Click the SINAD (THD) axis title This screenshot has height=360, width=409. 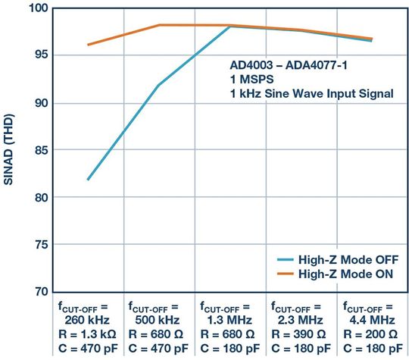click(x=11, y=150)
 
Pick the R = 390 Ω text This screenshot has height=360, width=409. click(x=299, y=333)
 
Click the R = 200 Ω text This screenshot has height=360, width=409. click(x=370, y=333)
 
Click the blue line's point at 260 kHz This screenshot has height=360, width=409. click(x=88, y=180)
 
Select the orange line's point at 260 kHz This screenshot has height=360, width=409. click(x=88, y=45)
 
